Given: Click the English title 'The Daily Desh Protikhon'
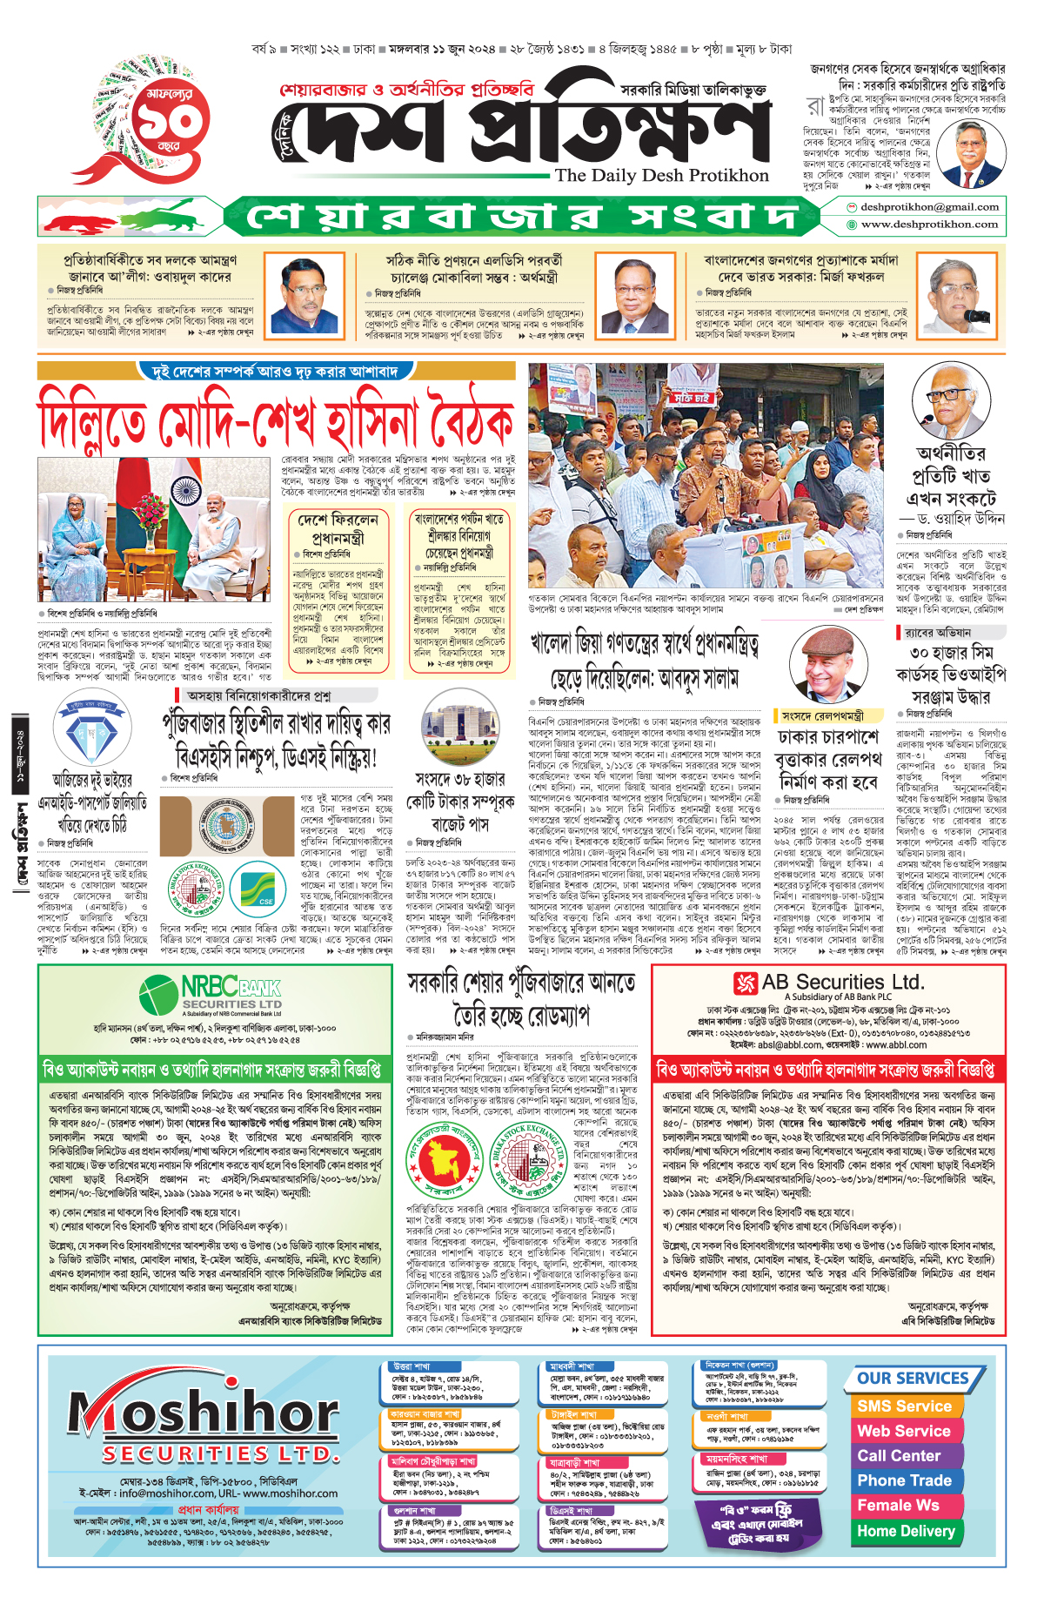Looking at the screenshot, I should [x=661, y=175].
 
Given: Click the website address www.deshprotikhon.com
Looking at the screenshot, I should [x=929, y=224].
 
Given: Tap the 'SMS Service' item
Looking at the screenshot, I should [x=904, y=1406].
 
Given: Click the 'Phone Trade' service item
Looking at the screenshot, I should [x=904, y=1480].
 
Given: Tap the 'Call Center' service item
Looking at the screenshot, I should [x=899, y=1456].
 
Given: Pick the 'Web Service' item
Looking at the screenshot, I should [x=904, y=1431].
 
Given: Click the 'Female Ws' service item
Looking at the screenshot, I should [x=898, y=1506].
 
